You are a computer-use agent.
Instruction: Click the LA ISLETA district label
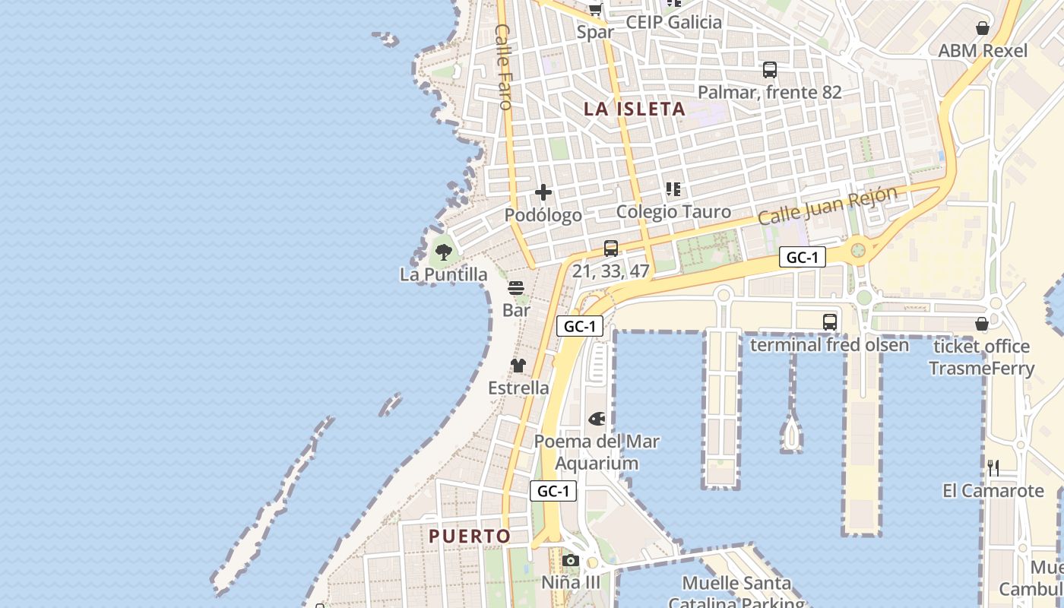tap(635, 109)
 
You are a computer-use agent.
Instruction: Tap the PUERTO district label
tap(470, 536)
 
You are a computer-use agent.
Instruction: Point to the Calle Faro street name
tap(503, 67)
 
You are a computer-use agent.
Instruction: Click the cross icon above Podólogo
tap(543, 192)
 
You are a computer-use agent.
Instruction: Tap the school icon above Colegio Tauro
tap(673, 188)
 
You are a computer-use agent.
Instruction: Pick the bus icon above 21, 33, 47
tap(611, 248)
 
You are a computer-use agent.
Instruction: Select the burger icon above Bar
tap(516, 288)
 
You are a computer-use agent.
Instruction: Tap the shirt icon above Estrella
tap(518, 366)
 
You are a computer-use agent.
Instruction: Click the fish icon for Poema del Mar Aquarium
tap(597, 419)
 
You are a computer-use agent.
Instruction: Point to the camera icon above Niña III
tap(571, 561)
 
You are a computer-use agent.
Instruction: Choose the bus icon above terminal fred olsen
tap(830, 322)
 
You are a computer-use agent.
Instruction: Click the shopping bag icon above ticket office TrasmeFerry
tap(982, 324)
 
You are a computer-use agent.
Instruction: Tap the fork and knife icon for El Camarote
tap(993, 467)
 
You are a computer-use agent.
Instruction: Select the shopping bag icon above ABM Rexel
tap(983, 28)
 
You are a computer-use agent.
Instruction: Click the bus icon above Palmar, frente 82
tap(770, 70)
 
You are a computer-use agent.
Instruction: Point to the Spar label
tap(595, 32)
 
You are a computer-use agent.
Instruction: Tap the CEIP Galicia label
tap(673, 22)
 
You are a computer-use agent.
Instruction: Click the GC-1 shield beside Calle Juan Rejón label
tap(803, 258)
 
